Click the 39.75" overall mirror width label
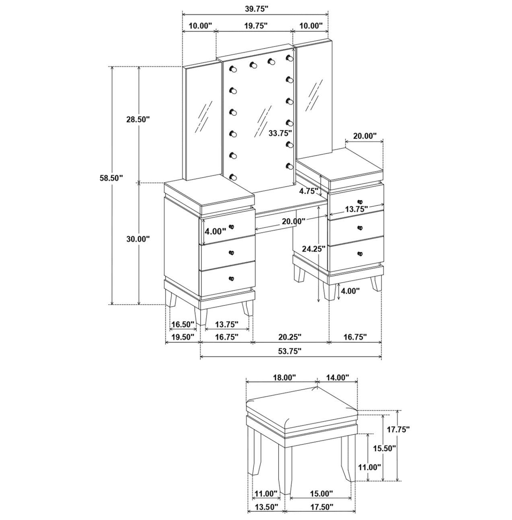click(x=255, y=8)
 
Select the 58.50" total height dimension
click(x=111, y=178)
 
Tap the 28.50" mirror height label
click(x=138, y=119)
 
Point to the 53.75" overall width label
click(x=290, y=351)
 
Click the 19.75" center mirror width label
click(x=255, y=26)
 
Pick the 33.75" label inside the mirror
click(x=280, y=133)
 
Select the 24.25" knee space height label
click(x=314, y=249)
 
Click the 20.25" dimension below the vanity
click(x=290, y=337)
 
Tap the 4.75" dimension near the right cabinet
click(x=308, y=192)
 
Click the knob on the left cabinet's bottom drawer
click(x=231, y=278)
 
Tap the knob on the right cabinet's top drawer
click(x=359, y=202)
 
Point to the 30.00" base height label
click(x=138, y=239)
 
